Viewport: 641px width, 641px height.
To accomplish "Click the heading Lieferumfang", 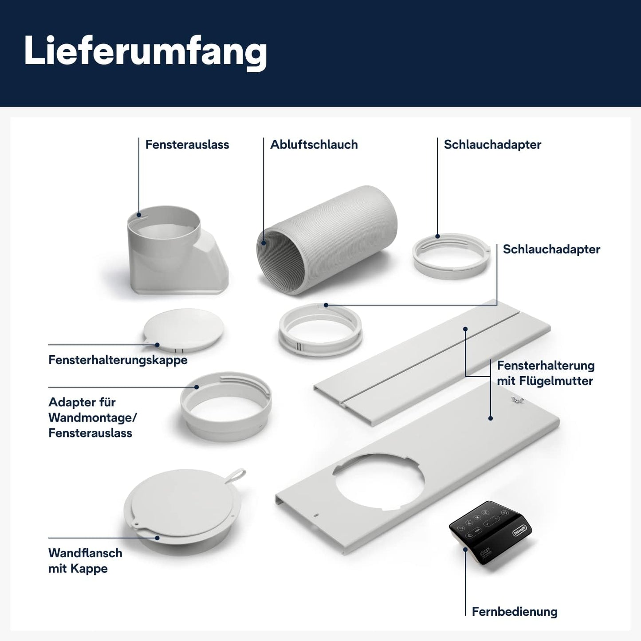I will click(145, 51).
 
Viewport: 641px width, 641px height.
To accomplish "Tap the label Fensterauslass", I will click(187, 145).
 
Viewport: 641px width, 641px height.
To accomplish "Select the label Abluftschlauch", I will click(314, 145).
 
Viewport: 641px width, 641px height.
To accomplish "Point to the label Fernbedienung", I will click(514, 611).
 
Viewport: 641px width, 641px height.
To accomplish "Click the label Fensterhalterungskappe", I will click(118, 360).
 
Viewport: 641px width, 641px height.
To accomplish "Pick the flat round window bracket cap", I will click(183, 329).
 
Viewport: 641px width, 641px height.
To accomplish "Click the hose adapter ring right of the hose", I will click(451, 256).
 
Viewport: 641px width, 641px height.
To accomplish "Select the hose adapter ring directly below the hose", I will click(320, 330).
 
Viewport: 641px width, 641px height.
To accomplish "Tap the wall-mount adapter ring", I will click(226, 406).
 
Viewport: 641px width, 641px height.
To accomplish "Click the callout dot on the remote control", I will click(465, 549).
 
